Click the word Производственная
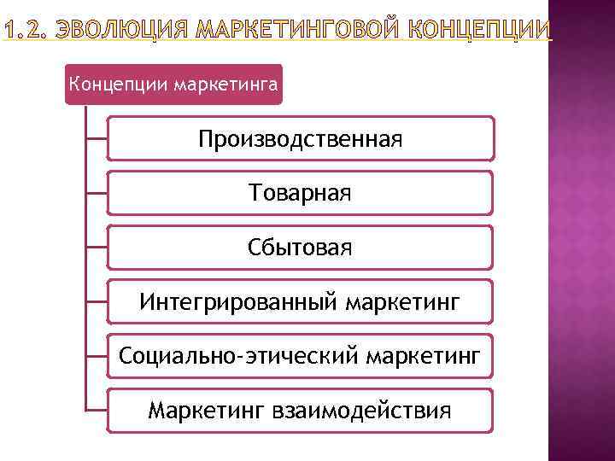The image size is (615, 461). tap(300, 138)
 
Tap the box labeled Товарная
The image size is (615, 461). tap(300, 193)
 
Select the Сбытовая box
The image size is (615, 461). tap(300, 248)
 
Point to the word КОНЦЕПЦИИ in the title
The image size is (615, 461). tap(483, 32)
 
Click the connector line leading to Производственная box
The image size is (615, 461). tap(97, 138)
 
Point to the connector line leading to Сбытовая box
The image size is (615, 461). tap(97, 248)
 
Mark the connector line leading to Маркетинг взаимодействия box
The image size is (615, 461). tap(97, 411)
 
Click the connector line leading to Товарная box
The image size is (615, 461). tap(97, 193)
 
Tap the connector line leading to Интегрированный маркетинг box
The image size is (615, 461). tap(97, 301)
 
